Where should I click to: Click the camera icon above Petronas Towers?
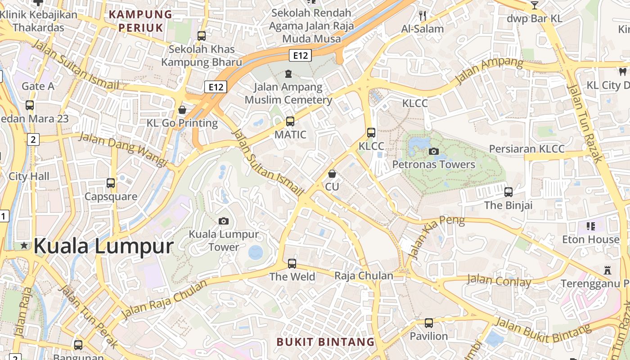point(434,151)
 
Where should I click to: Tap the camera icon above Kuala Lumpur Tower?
point(224,221)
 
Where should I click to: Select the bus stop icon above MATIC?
point(290,121)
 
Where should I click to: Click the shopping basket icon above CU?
point(332,173)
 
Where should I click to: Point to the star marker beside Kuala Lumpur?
point(24,246)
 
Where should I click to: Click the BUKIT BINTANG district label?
point(325,342)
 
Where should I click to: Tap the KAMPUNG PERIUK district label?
point(141,21)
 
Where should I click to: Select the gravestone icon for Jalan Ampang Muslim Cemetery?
point(288,73)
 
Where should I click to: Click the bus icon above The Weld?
point(292,263)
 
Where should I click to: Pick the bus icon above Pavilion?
point(429,323)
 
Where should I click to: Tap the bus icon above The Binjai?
point(508,192)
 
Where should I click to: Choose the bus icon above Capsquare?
point(111,183)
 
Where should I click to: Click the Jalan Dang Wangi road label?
point(123,149)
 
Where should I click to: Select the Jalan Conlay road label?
point(499,281)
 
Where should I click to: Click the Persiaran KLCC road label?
point(526,149)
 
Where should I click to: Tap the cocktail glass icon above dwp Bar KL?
point(534,5)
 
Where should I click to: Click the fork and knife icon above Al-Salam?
point(422,16)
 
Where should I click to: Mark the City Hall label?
point(29,176)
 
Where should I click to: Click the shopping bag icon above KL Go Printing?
point(182,110)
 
